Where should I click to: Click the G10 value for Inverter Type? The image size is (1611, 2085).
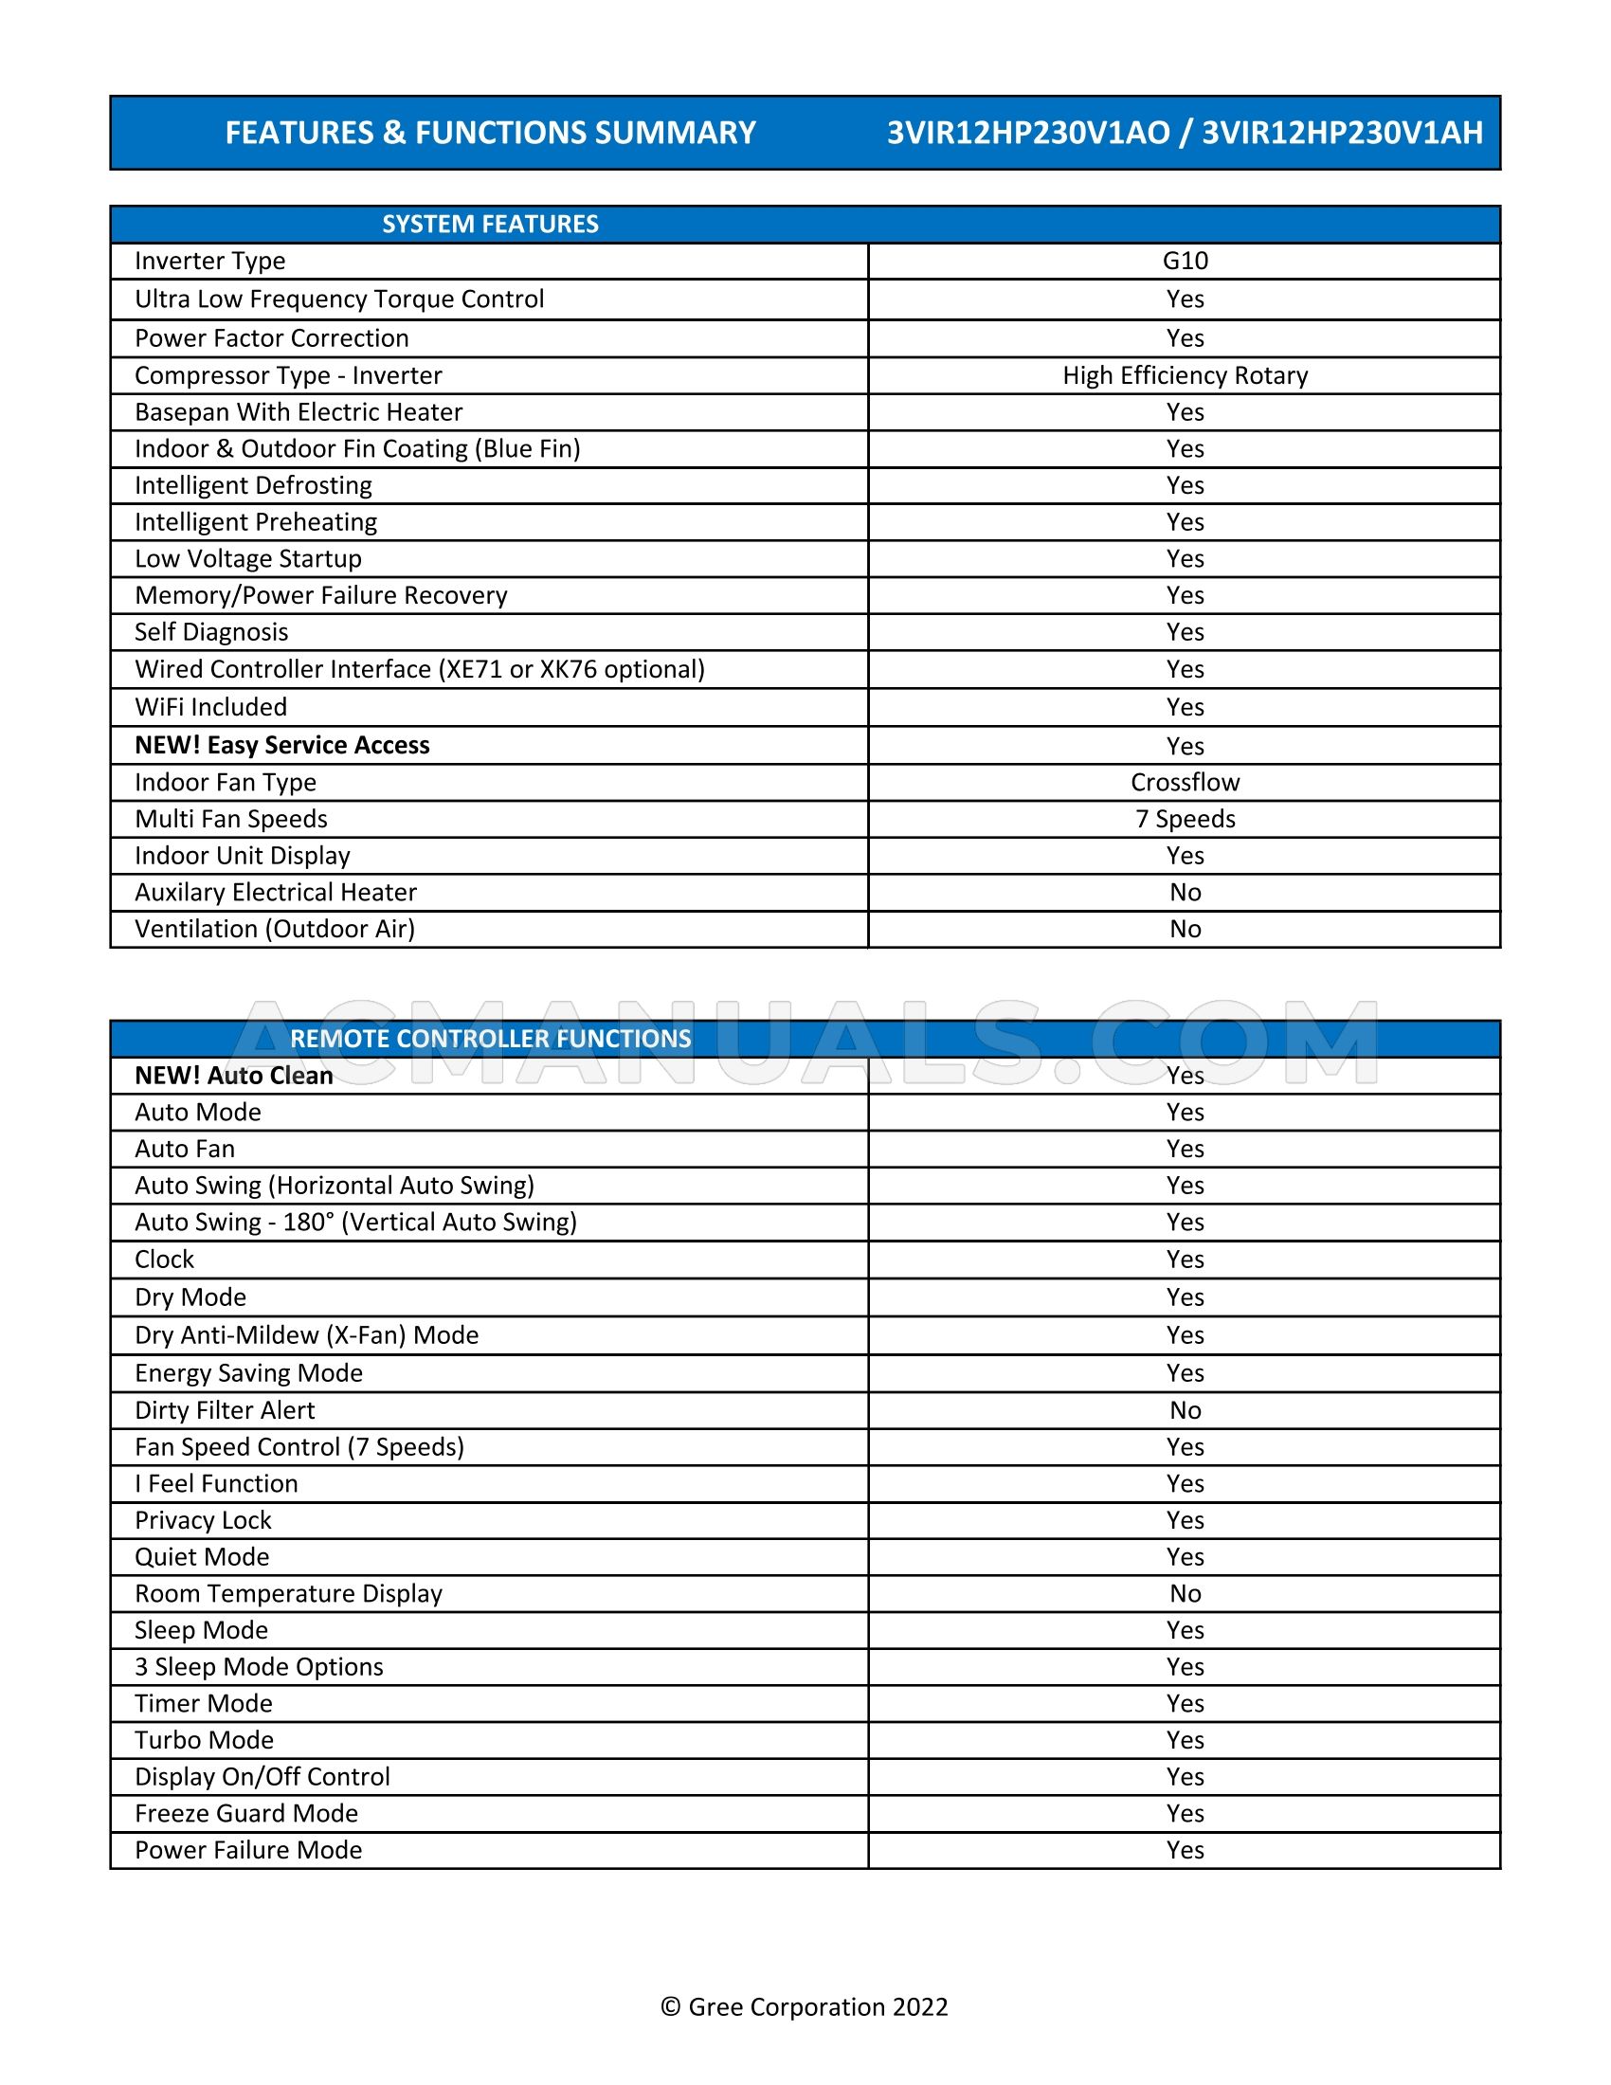tap(1185, 261)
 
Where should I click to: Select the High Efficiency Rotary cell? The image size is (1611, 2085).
tap(1185, 375)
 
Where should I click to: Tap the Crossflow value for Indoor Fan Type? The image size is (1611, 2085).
tap(1185, 782)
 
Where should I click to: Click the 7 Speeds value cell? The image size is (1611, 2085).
tap(1185, 818)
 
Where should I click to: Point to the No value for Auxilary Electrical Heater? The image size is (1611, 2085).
tap(1185, 892)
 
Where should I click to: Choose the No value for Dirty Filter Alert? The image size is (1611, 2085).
tap(1185, 1410)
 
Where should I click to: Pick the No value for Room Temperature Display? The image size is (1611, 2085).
tap(1185, 1593)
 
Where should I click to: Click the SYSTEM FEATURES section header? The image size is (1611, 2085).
tap(490, 225)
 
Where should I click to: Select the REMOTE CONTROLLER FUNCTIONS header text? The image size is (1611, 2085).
tap(490, 1039)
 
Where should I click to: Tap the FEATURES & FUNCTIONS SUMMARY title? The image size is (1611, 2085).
tap(490, 133)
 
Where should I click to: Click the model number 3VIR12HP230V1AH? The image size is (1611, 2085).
tap(1342, 133)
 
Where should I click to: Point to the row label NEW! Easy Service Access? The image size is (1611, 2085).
tap(281, 745)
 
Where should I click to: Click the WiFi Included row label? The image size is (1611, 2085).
tap(211, 706)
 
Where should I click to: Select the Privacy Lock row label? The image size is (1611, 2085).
tap(203, 1520)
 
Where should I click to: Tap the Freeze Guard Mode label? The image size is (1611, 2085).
tap(246, 1813)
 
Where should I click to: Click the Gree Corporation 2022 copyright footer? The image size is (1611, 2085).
tap(805, 2006)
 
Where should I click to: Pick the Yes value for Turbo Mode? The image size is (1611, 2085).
tap(1185, 1739)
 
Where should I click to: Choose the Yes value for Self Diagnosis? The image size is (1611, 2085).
tap(1185, 632)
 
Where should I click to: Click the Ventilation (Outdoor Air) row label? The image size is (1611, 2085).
tap(275, 929)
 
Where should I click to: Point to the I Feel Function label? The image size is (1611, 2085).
tap(216, 1483)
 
